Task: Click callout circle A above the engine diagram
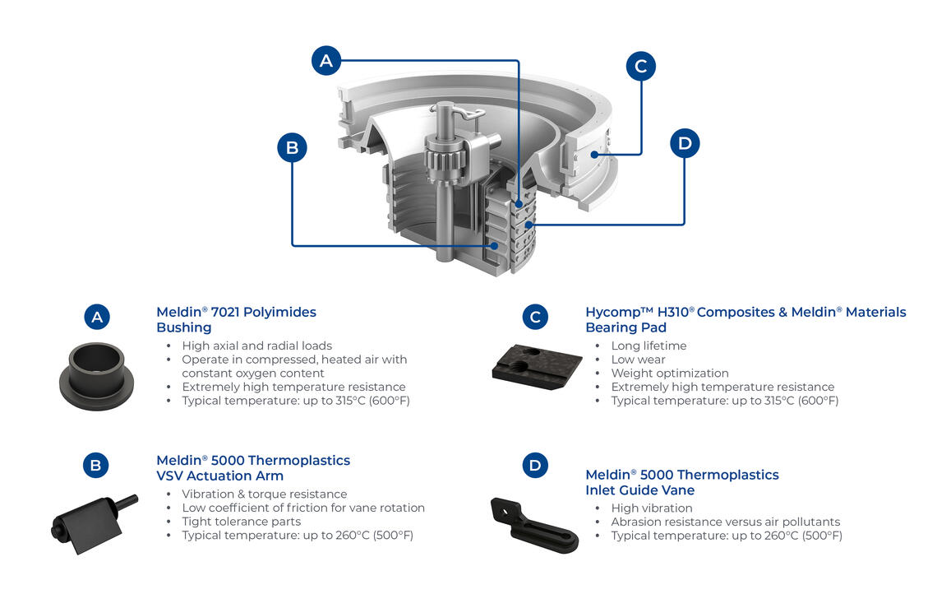(x=326, y=61)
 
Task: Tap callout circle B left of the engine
(x=292, y=148)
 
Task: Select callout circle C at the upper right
(x=641, y=66)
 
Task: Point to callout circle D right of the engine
(x=685, y=144)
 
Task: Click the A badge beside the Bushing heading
(x=96, y=317)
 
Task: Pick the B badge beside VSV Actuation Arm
(x=96, y=466)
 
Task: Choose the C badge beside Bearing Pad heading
(x=535, y=317)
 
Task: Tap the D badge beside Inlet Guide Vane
(x=535, y=466)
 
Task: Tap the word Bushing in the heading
(x=183, y=327)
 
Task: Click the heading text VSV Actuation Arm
(x=219, y=476)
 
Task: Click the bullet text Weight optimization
(x=670, y=374)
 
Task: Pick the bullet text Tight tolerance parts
(x=241, y=522)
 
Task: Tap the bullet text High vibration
(x=652, y=508)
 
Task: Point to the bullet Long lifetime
(x=649, y=346)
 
